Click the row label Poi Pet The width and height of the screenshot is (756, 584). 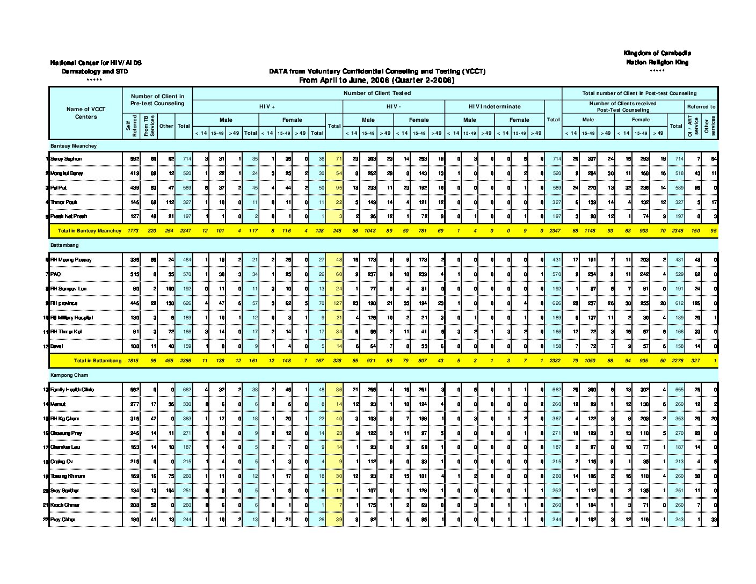(59, 188)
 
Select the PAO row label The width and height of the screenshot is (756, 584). (55, 274)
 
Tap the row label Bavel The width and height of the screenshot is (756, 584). (56, 346)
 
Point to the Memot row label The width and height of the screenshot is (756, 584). (58, 404)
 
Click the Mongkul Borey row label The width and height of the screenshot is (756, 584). (67, 173)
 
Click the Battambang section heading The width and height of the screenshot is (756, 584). (64, 245)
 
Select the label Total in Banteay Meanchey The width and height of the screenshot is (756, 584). (90, 231)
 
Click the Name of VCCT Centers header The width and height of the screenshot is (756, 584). (86, 113)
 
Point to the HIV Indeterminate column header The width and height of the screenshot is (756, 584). (495, 106)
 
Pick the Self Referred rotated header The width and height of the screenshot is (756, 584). (132, 126)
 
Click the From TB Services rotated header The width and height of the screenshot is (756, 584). (149, 126)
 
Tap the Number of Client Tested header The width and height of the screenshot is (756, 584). (377, 93)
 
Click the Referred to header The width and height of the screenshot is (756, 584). (701, 106)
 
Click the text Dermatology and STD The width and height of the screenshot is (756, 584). (95, 71)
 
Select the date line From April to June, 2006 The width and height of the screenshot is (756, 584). (376, 81)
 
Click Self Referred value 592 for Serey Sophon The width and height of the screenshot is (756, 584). (134, 159)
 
